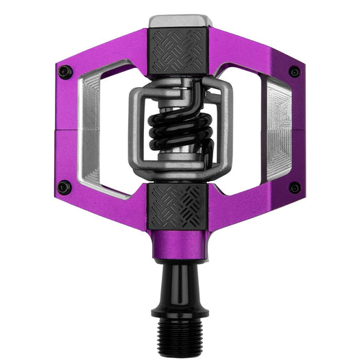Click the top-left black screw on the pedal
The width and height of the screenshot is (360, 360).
pyautogui.click(x=64, y=71)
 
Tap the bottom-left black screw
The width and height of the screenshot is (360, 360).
pyautogui.click(x=64, y=187)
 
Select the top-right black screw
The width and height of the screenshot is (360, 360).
pyautogui.click(x=294, y=71)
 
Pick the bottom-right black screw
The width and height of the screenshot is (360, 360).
pyautogui.click(x=294, y=187)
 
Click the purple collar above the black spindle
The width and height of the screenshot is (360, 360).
pyautogui.click(x=180, y=247)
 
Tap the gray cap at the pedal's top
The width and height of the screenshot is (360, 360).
pyautogui.click(x=180, y=21)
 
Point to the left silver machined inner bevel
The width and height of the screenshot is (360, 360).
pyautogui.click(x=90, y=130)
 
